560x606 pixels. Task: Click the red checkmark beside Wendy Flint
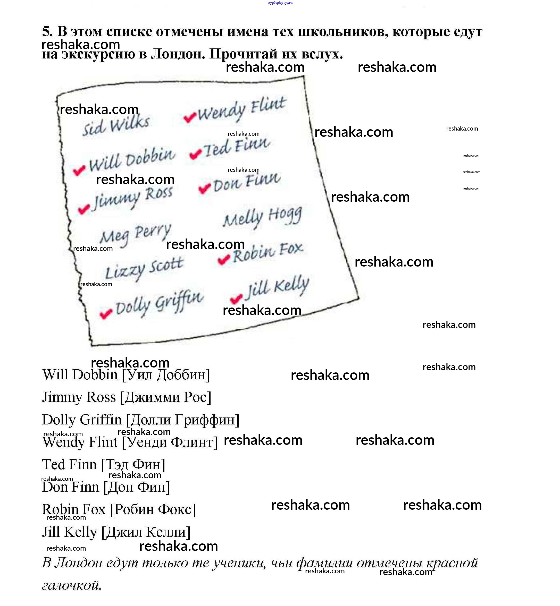(190, 117)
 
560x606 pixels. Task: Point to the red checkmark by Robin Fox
(224, 259)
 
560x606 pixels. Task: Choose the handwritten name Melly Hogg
(262, 217)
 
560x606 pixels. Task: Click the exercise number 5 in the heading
(47, 31)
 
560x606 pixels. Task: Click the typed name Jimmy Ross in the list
(79, 397)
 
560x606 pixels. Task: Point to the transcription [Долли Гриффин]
(182, 420)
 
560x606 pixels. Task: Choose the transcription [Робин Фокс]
(153, 510)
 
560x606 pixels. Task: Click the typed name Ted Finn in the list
(69, 465)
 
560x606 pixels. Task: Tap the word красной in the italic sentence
(452, 563)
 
